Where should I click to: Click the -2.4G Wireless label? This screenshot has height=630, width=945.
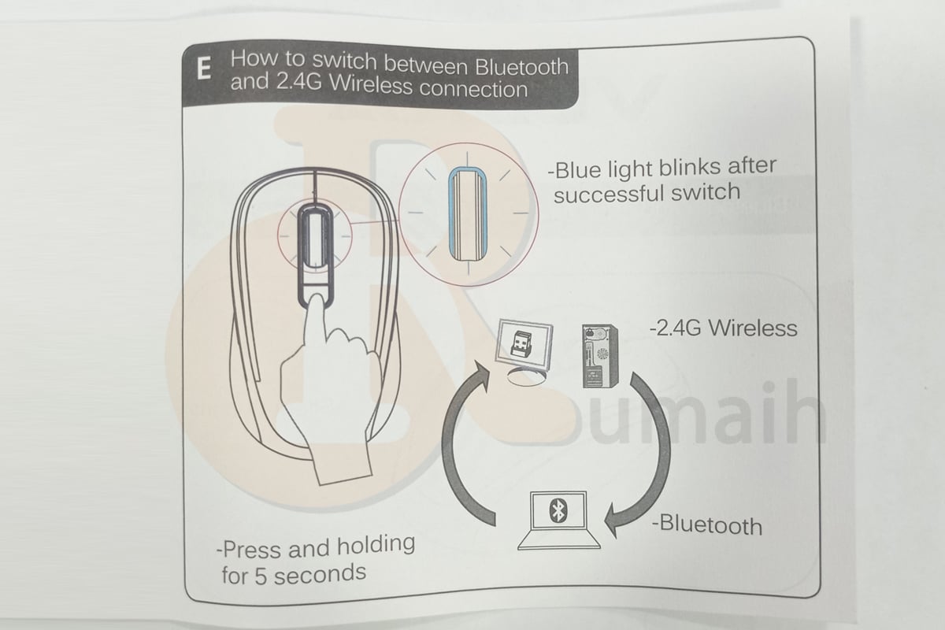(724, 327)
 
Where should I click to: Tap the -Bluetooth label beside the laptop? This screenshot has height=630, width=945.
(706, 524)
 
